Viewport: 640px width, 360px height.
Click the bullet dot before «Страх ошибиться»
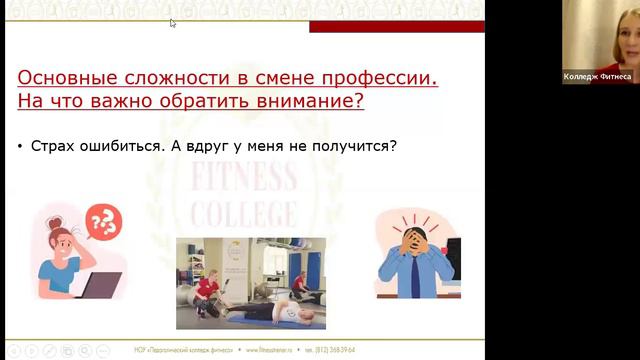click(x=21, y=147)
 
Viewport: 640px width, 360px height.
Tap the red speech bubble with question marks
click(x=104, y=222)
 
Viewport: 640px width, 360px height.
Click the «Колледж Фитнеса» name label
click(x=598, y=77)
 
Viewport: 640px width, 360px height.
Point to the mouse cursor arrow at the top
click(x=173, y=22)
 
